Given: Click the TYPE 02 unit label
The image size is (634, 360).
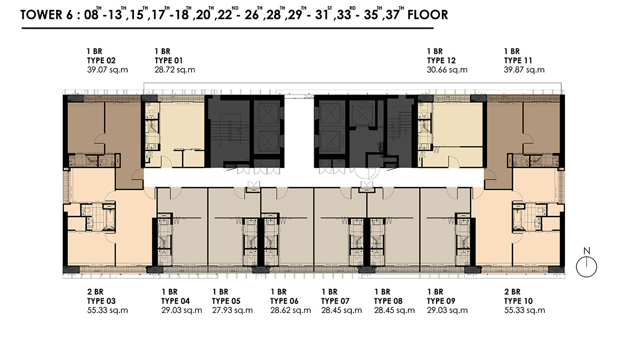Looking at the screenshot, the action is click(x=102, y=61).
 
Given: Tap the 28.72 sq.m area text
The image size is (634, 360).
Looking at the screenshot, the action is click(x=175, y=70).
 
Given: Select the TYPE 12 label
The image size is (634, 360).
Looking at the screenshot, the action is click(x=441, y=61).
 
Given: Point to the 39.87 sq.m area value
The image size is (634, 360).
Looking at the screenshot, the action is click(x=524, y=70).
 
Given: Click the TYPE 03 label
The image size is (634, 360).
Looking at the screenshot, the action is click(x=102, y=301).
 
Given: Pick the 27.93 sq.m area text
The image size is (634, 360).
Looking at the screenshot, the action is click(x=232, y=310).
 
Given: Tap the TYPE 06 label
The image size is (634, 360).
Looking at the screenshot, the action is click(x=284, y=301).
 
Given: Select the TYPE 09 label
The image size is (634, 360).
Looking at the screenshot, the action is click(x=441, y=301).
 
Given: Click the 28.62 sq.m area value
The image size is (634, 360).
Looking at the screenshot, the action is click(x=291, y=310).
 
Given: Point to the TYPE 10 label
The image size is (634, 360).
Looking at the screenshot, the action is click(x=518, y=301).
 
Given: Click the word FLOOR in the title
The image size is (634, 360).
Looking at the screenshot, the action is click(x=427, y=15).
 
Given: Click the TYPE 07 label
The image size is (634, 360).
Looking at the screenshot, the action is click(x=335, y=301).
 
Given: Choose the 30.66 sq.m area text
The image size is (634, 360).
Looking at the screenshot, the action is click(x=447, y=70).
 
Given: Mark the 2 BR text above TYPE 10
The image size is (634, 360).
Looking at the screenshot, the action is click(x=513, y=291).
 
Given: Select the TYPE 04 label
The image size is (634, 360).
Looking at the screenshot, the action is click(x=175, y=301).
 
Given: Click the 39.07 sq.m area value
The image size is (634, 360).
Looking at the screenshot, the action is click(x=107, y=70).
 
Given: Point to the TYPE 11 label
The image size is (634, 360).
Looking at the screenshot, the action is click(x=518, y=61).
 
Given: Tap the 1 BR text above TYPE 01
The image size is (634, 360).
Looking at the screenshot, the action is click(x=162, y=51).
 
